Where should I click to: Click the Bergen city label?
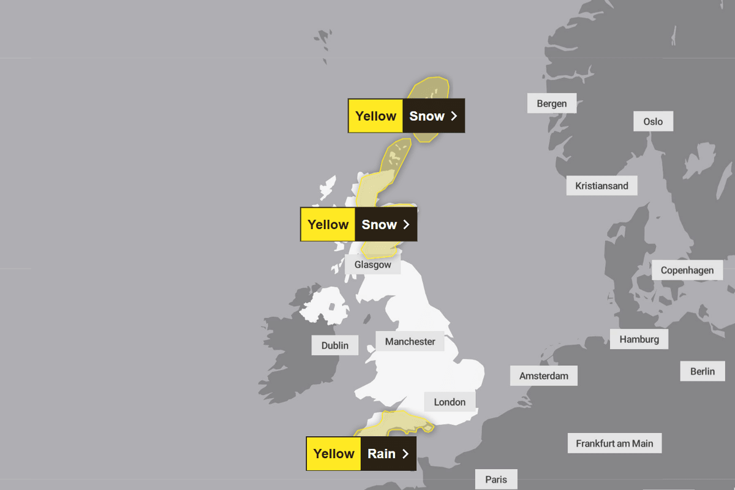(551, 104)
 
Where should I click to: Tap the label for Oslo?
(653, 121)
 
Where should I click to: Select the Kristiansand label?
(601, 186)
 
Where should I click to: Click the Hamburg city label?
(639, 339)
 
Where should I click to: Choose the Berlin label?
(702, 371)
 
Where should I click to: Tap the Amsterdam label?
(543, 375)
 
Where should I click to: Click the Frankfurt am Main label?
(614, 443)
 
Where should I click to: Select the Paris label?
(496, 479)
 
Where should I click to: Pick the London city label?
(450, 402)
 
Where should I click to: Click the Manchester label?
(410, 341)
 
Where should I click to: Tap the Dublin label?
(334, 345)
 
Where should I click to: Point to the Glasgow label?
(372, 265)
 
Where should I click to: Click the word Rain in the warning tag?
(381, 454)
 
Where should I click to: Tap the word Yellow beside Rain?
(334, 454)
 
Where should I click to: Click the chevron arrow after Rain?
(405, 454)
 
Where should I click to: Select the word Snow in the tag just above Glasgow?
(379, 225)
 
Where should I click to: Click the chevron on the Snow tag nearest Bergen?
(454, 116)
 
